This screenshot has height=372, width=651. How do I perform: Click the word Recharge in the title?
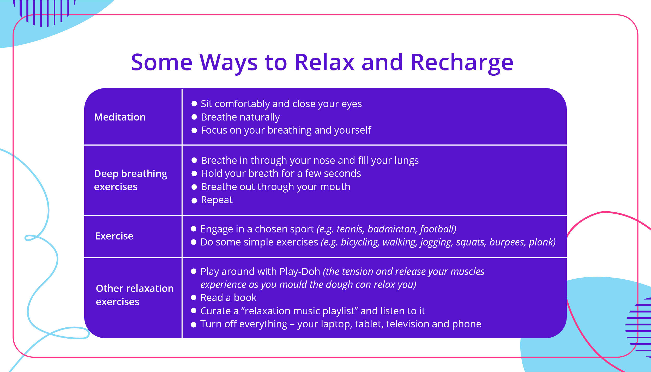(x=462, y=63)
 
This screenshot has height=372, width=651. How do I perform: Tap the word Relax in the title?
(x=324, y=63)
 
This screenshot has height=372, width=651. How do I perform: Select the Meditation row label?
(x=120, y=117)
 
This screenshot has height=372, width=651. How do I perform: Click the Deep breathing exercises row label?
(x=130, y=180)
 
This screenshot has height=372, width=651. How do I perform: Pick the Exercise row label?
(x=114, y=236)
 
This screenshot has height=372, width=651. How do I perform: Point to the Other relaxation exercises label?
(x=135, y=295)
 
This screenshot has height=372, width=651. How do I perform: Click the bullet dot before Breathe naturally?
(x=194, y=117)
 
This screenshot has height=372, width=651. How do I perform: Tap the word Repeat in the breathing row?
(x=217, y=200)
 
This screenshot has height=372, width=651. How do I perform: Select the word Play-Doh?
(x=300, y=272)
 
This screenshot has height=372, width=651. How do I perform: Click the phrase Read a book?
(x=228, y=298)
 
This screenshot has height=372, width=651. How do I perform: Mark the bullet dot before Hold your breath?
(x=194, y=173)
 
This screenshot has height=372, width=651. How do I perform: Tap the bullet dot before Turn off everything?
(x=194, y=325)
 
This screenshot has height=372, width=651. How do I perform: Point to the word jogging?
(x=436, y=242)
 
